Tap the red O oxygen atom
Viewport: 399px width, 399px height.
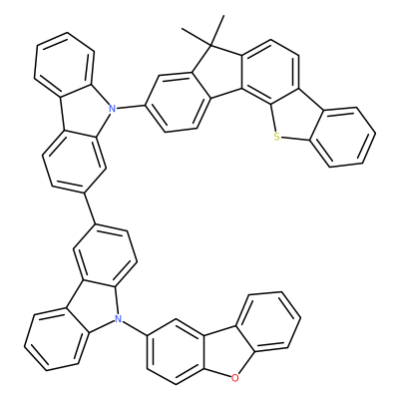[234, 378]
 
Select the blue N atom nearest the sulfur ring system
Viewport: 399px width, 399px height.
[112, 108]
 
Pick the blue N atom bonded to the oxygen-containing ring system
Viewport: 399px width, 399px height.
[117, 319]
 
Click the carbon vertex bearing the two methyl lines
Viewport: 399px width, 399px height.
[212, 44]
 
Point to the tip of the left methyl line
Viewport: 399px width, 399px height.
[182, 28]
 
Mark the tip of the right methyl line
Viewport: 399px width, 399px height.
[223, 15]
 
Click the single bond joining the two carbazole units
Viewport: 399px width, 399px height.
[89, 207]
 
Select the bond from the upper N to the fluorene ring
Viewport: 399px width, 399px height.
[131, 107]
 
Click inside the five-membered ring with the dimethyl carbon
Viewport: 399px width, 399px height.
[220, 73]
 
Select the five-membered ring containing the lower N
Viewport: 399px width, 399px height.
[93, 307]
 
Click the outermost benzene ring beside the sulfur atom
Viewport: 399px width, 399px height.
[342, 137]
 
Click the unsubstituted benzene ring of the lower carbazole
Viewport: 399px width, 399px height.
[56, 339]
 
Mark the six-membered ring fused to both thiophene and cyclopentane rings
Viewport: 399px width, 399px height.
[270, 73]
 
